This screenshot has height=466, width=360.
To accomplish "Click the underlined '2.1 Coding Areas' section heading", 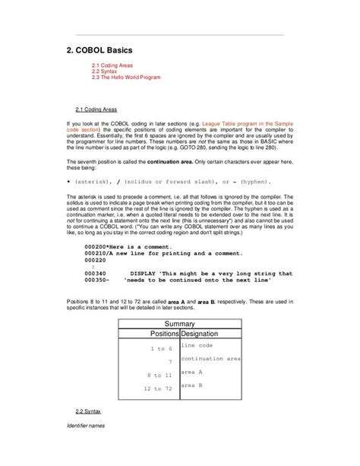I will tap(96, 109).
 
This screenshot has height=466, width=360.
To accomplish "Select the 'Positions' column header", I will tap(164, 334).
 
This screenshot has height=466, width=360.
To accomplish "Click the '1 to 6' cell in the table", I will tap(162, 348).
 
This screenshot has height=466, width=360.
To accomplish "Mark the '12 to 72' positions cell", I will tap(159, 388).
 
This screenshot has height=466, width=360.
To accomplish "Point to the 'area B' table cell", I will tap(191, 385).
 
